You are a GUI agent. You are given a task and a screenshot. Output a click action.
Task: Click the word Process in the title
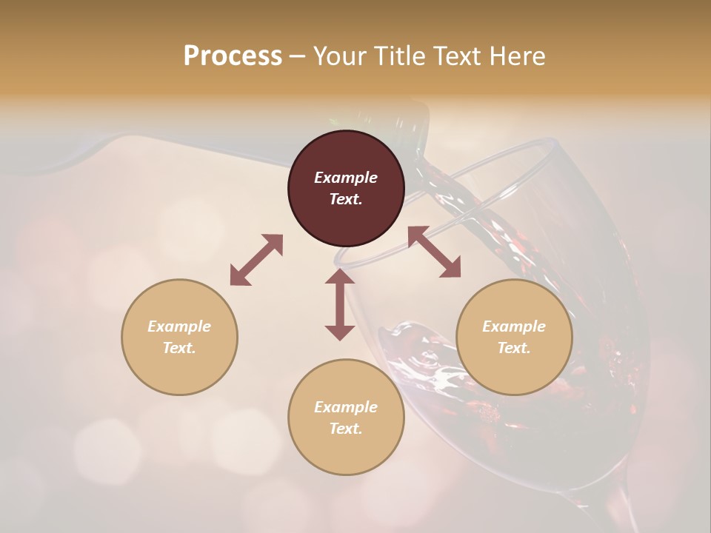coord(233,56)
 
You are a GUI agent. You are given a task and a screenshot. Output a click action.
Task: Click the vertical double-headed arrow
coord(340,304)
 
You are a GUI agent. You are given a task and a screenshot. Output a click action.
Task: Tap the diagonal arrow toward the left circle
coord(256,260)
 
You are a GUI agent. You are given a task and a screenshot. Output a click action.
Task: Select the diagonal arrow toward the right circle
coord(435,252)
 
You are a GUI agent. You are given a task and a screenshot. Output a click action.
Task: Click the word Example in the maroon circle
coord(346,178)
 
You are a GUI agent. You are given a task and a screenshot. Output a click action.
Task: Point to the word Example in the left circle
coord(179,326)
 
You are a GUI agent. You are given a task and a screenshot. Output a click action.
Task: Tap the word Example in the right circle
coord(514,326)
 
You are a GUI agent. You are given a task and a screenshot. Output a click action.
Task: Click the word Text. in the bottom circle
coord(346,429)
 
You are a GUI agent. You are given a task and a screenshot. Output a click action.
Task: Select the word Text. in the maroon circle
coord(346,199)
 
